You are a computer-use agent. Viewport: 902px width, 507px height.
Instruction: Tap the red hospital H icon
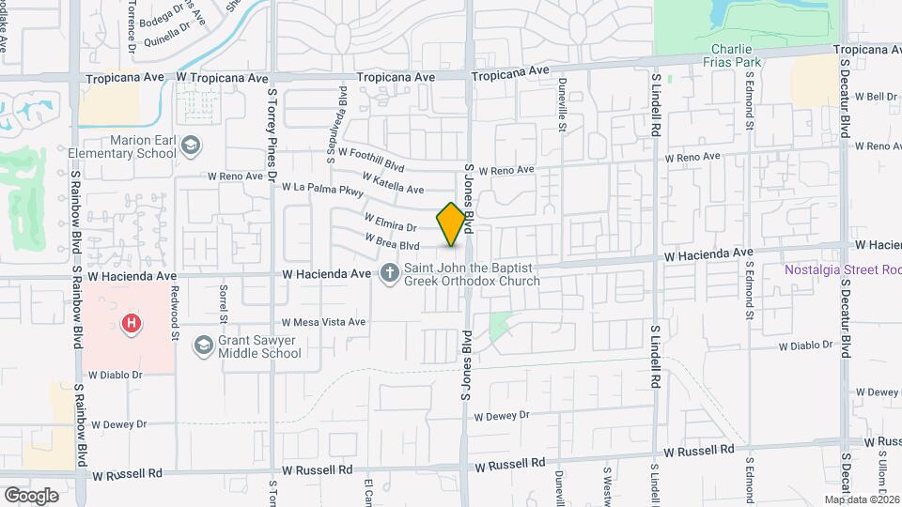tap(132, 324)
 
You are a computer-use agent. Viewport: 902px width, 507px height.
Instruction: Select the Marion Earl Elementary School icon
tap(191, 146)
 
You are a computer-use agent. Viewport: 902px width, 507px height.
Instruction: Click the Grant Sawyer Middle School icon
tap(203, 346)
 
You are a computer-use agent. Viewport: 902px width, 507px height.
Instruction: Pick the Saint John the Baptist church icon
tap(389, 273)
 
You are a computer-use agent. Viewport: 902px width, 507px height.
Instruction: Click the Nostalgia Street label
tap(843, 270)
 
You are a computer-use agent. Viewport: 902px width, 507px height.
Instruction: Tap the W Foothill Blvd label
tap(371, 159)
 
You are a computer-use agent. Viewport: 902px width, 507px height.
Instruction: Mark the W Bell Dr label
tap(876, 97)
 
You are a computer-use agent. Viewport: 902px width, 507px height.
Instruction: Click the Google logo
tap(31, 495)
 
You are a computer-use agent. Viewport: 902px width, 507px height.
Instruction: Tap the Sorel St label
tap(224, 300)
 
